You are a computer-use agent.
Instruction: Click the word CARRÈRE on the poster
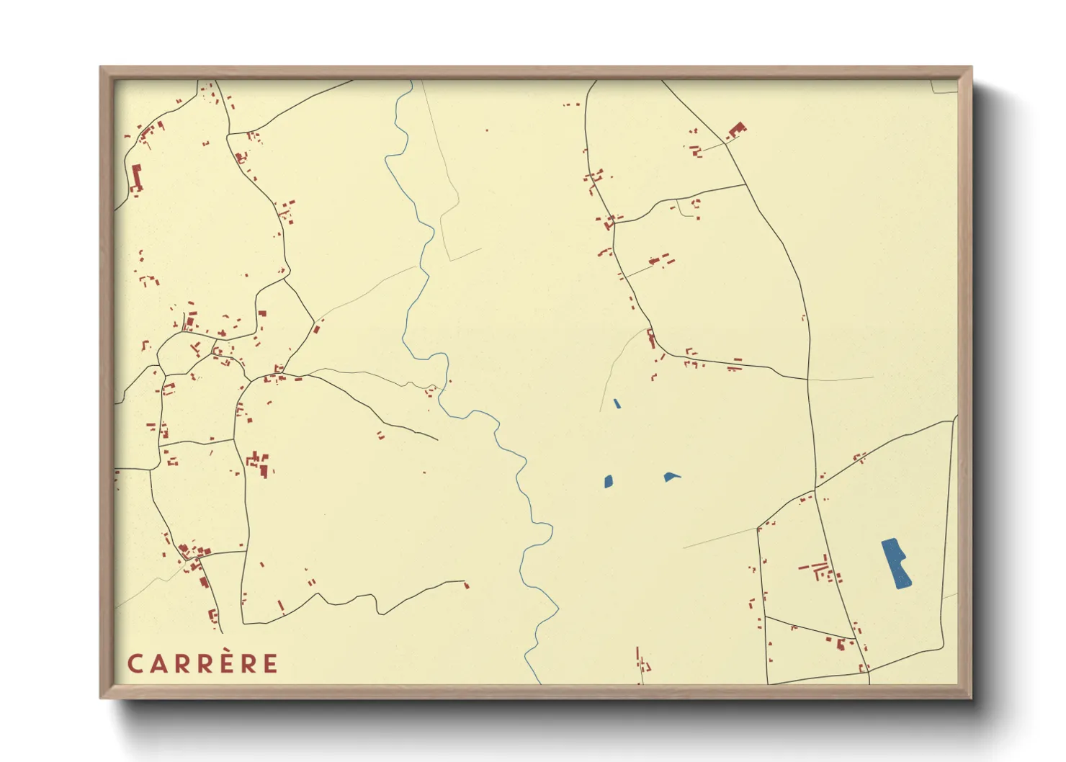202,663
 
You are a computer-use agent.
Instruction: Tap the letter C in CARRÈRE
135,664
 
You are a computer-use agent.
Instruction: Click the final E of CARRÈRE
270,664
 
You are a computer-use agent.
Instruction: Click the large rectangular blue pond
896,563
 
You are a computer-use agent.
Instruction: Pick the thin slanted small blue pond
617,404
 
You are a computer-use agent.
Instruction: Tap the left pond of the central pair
609,480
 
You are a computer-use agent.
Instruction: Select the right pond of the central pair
671,476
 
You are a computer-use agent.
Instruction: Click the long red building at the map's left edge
135,177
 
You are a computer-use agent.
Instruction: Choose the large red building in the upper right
736,131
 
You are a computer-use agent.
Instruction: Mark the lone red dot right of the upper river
487,130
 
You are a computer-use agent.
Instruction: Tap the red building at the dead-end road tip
466,586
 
